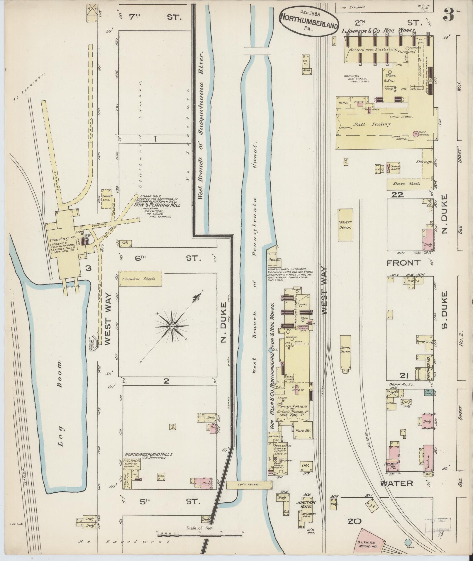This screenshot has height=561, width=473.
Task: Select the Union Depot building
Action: [x=345, y=352]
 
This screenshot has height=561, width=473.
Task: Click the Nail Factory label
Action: [x=372, y=124]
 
